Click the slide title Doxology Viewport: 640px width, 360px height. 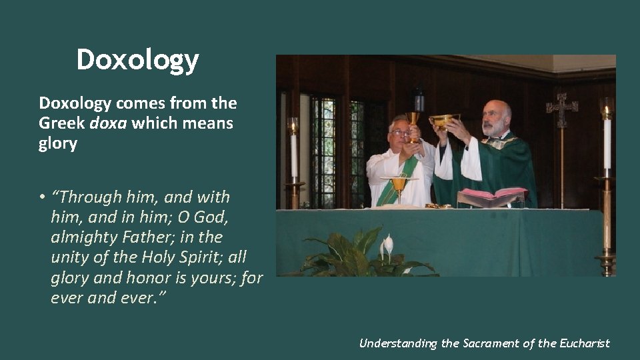[x=137, y=60]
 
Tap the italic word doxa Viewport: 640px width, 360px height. [x=109, y=124]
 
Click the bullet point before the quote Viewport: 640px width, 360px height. [x=41, y=197]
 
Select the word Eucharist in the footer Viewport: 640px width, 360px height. [x=584, y=343]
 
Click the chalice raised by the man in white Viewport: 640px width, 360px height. [x=414, y=123]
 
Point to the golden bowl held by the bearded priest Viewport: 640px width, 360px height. [x=443, y=120]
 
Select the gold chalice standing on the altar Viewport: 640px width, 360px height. [x=399, y=187]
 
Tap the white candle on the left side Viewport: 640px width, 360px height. [x=293, y=153]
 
